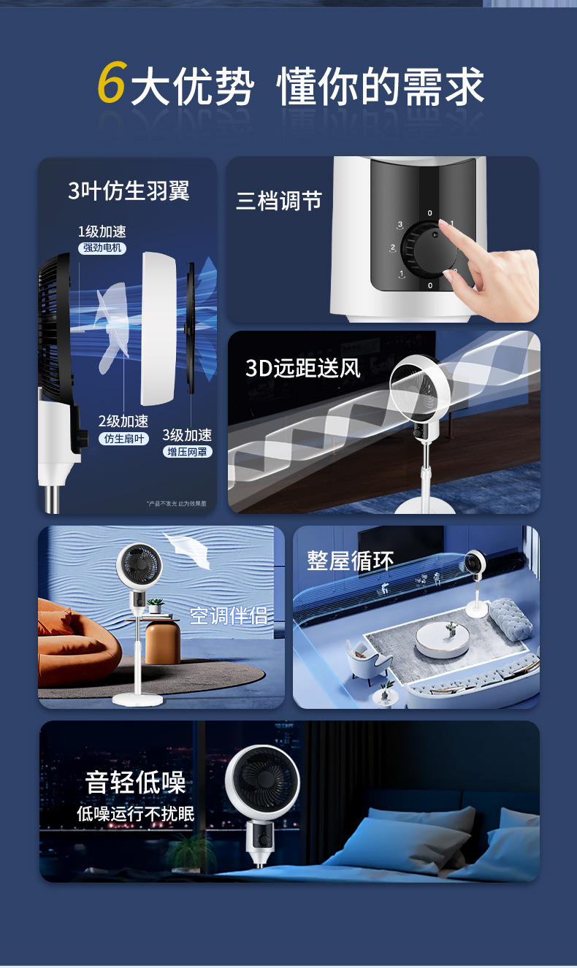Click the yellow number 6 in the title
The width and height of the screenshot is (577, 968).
[112, 82]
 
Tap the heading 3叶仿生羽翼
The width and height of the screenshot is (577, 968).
[129, 191]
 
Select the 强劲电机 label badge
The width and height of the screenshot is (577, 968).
[102, 248]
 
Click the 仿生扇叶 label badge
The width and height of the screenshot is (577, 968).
[123, 439]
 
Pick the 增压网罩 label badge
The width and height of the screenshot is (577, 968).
[187, 452]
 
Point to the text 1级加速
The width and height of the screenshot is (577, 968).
[102, 231]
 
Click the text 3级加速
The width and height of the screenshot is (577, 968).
[187, 435]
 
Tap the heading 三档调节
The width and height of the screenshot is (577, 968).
[278, 201]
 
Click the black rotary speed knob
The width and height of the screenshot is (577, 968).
[429, 248]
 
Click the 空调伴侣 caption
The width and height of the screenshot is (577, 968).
[229, 615]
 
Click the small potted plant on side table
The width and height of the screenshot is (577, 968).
[155, 605]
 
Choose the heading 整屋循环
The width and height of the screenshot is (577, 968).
[350, 561]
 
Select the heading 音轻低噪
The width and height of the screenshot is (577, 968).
[136, 782]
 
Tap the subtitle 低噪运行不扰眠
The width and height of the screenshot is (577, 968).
[136, 813]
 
